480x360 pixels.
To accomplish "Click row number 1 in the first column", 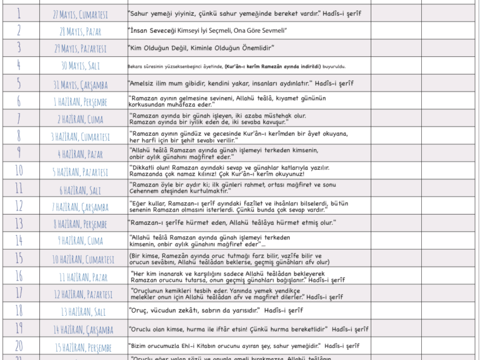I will (x=18, y=13).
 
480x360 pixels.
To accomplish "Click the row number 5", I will (x=18, y=83).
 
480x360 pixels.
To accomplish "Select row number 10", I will (x=18, y=171).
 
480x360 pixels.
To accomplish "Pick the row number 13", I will (x=18, y=223).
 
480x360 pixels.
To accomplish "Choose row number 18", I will (x=18, y=310).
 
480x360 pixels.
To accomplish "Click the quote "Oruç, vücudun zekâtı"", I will (x=215, y=311).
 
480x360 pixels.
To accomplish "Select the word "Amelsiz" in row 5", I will (x=143, y=83).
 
